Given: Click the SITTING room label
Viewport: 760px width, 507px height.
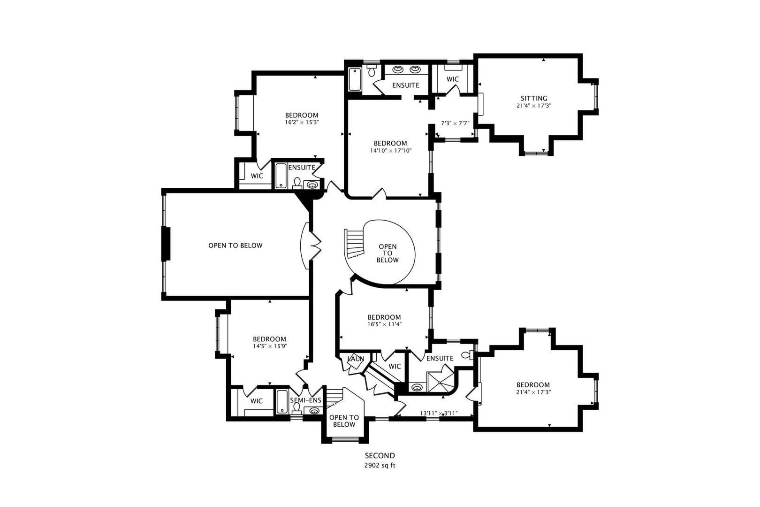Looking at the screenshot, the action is (534, 99).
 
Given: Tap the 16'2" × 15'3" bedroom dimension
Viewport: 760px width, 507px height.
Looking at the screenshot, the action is (302, 122).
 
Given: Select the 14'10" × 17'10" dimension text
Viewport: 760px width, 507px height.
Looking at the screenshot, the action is (390, 150).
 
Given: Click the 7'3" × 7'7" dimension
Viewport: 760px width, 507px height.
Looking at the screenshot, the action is (455, 123).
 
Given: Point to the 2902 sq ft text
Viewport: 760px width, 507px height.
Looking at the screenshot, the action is (380, 465).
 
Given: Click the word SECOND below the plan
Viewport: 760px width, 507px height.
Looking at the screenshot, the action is (380, 455).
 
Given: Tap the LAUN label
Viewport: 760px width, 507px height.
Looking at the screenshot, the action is (356, 359).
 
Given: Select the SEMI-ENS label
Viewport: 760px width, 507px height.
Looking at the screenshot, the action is (305, 400).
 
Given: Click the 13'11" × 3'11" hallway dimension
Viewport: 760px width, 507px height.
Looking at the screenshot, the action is (439, 413).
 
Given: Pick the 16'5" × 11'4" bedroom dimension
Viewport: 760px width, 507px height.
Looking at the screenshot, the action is (384, 324).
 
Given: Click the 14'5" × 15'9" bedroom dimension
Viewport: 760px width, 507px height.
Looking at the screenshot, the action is (269, 346).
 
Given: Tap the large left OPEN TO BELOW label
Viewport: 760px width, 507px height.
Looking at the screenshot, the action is (236, 245).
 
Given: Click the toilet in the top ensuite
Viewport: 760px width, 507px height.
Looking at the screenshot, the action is (372, 71).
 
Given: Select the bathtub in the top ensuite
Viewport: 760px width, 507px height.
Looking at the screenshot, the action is (355, 79).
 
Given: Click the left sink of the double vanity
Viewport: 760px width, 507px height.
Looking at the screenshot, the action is (398, 69).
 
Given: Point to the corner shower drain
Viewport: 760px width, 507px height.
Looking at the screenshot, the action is (440, 383).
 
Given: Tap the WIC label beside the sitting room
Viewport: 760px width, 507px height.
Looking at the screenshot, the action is (453, 79).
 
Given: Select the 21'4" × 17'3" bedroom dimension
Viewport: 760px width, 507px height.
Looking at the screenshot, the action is (533, 392).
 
